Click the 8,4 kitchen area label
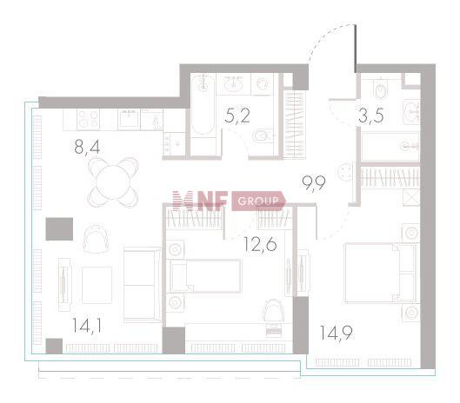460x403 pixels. pyautogui.click(x=87, y=148)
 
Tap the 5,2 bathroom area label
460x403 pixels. pyautogui.click(x=237, y=116)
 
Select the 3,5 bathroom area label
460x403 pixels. pyautogui.click(x=370, y=116)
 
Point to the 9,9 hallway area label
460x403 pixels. pyautogui.click(x=314, y=183)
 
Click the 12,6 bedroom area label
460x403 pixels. pyautogui.click(x=260, y=244)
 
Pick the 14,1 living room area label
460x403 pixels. pyautogui.click(x=87, y=326)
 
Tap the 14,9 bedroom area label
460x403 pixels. pyautogui.click(x=337, y=333)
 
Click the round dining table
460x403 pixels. pyautogui.click(x=113, y=182)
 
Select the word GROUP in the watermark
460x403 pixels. pyautogui.click(x=258, y=201)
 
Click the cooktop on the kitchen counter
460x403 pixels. pyautogui.click(x=88, y=119)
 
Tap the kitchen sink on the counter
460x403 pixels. pyautogui.click(x=129, y=119)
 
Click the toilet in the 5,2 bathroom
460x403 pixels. pyautogui.click(x=262, y=136)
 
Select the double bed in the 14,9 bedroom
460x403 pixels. pyautogui.click(x=380, y=273)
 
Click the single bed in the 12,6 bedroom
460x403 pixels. pyautogui.click(x=205, y=276)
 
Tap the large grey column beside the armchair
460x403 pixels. pyautogui.click(x=59, y=229)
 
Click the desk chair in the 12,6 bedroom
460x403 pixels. pyautogui.click(x=273, y=312)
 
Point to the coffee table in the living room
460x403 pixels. pyautogui.click(x=97, y=285)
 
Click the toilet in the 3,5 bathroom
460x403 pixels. pyautogui.click(x=380, y=88)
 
